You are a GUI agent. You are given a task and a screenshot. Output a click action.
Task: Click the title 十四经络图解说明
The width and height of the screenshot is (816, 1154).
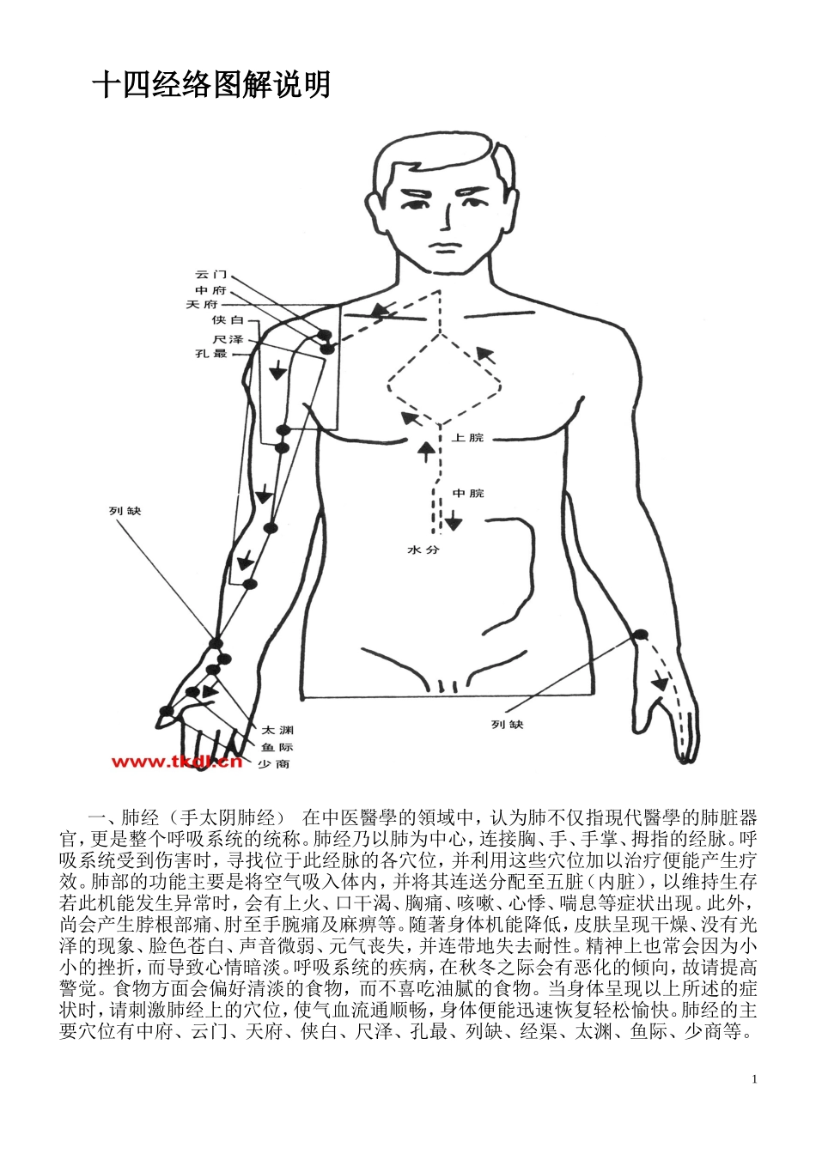[211, 86]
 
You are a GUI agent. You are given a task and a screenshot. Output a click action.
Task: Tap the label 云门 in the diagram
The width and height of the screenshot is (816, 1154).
[207, 274]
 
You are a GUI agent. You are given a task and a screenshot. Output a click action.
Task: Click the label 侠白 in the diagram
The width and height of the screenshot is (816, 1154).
[228, 320]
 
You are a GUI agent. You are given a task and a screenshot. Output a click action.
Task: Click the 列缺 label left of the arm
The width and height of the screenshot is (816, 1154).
[125, 512]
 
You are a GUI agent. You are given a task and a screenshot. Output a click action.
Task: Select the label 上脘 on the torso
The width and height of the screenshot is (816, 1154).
[468, 438]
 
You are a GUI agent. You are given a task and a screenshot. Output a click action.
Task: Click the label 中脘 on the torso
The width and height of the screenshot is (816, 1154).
[469, 493]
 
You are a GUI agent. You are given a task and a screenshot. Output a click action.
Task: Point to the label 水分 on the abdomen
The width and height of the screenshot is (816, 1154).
[423, 550]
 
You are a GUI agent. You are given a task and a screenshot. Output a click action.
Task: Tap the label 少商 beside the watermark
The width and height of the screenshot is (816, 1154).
[273, 763]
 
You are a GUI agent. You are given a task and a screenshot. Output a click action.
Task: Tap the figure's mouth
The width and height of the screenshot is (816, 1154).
[444, 248]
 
